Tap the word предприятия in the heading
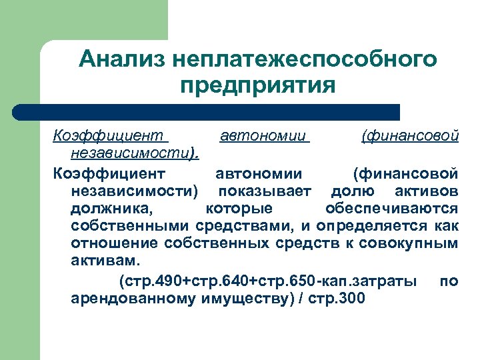tap(257, 87)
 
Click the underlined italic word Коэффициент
tap(109, 137)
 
